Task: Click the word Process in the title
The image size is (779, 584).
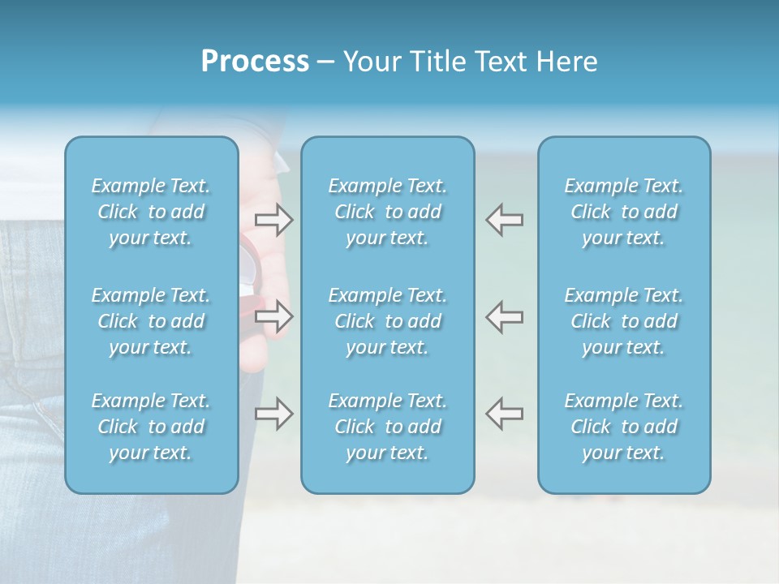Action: [x=255, y=62]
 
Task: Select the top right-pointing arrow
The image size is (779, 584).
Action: [x=273, y=219]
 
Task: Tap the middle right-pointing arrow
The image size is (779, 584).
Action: [x=273, y=316]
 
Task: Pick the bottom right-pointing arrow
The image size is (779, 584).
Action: [x=273, y=414]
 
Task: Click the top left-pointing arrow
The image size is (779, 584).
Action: [x=504, y=219]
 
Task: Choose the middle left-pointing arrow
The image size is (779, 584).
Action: [x=504, y=316]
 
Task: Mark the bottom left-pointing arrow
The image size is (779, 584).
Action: [x=504, y=414]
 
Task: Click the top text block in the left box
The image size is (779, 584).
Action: [x=151, y=212]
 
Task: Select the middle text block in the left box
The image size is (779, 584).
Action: [x=151, y=321]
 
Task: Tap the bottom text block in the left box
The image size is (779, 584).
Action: [x=151, y=427]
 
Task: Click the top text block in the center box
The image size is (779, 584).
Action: [x=388, y=212]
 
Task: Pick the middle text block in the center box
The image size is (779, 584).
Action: [x=388, y=321]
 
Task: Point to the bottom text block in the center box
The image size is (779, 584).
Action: [x=388, y=427]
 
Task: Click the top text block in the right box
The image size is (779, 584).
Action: [x=624, y=212]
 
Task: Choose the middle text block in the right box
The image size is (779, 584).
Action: [x=624, y=321]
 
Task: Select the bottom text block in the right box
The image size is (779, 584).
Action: [x=624, y=427]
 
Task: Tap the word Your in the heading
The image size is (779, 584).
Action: [x=369, y=62]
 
